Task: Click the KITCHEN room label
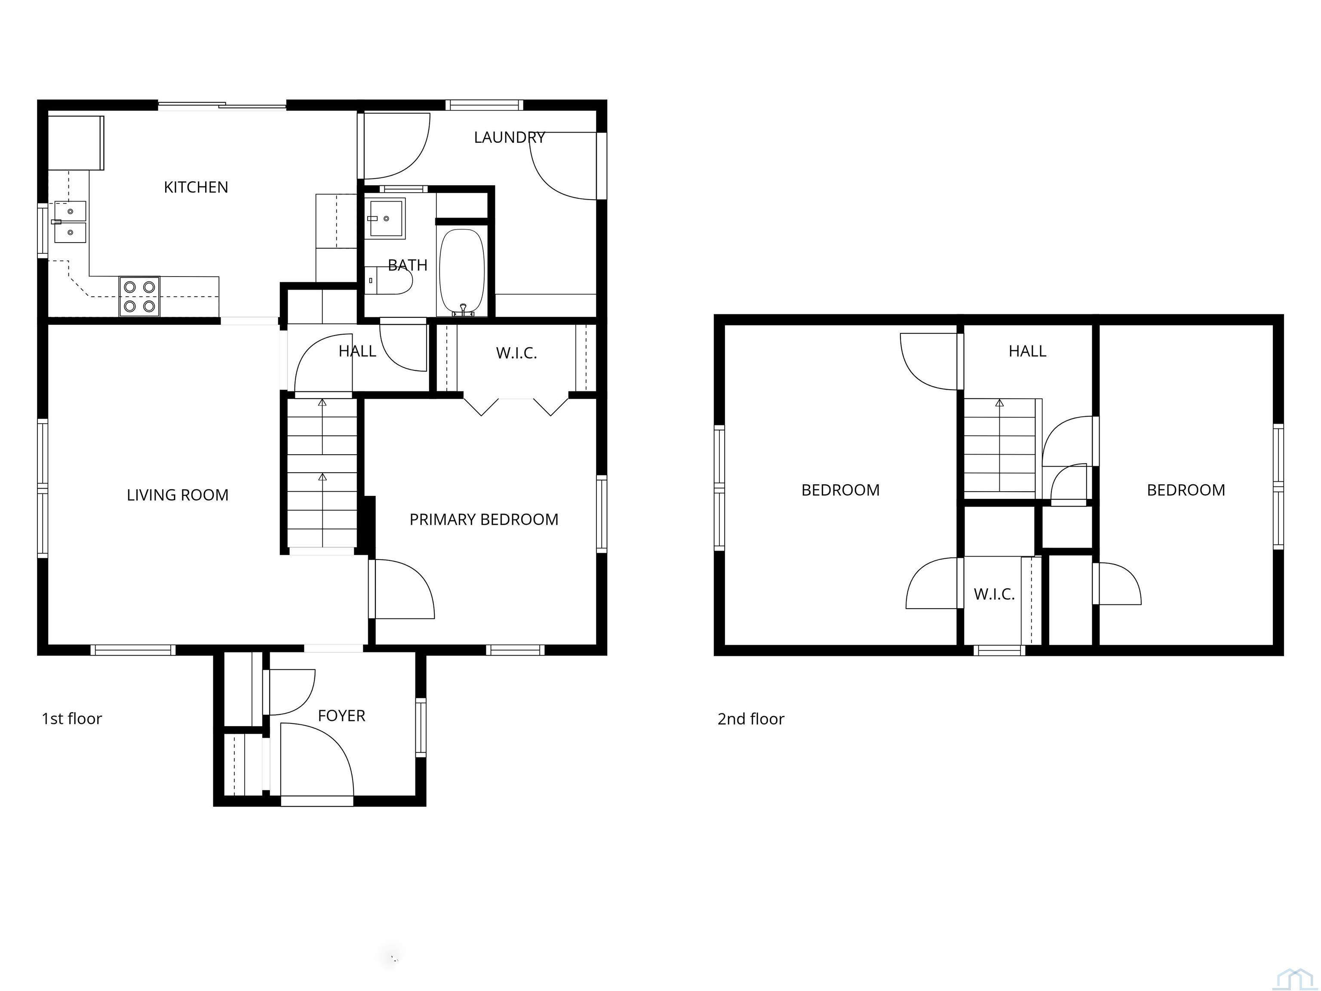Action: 196,188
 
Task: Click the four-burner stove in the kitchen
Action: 139,296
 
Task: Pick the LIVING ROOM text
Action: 177,495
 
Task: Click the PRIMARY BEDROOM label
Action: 484,520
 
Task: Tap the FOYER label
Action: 341,716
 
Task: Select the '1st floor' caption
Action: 72,719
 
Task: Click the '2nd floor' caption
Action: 751,719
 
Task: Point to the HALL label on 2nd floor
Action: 1027,351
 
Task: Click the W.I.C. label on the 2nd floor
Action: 994,594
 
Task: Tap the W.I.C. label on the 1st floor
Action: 516,353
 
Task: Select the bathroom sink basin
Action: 385,218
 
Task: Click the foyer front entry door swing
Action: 316,760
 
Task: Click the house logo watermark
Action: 1295,979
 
